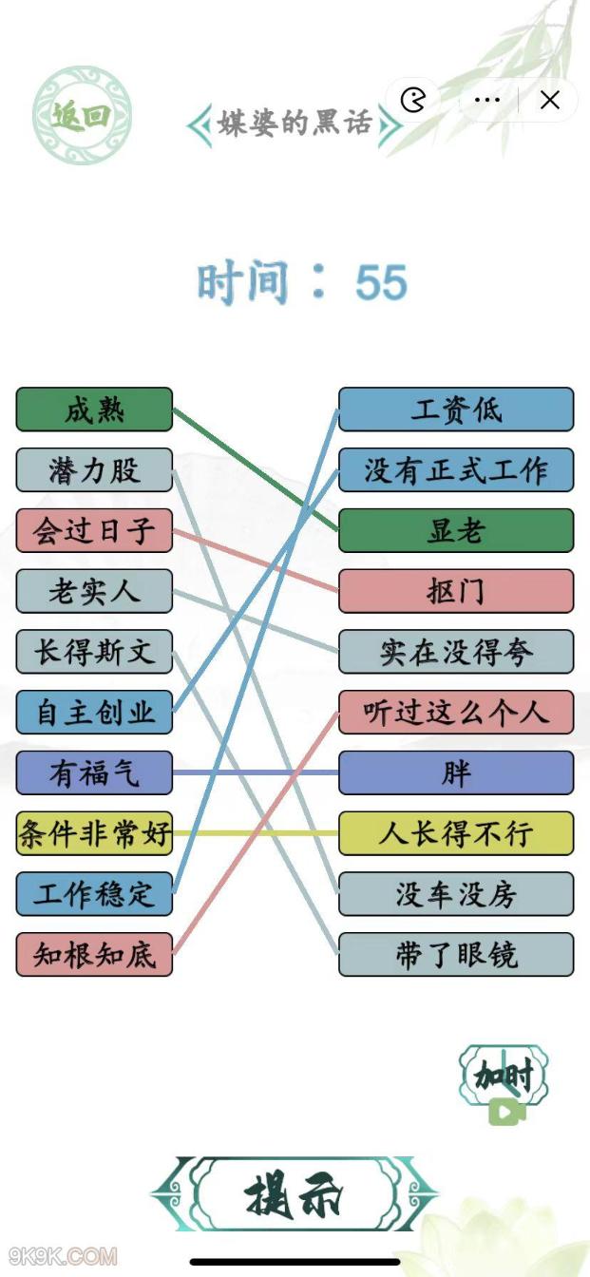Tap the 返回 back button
click(x=82, y=115)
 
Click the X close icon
click(x=549, y=101)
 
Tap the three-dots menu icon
click(x=486, y=100)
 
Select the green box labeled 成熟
click(x=94, y=410)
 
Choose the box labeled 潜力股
click(x=94, y=469)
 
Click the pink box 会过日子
click(x=94, y=530)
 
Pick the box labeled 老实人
click(x=94, y=591)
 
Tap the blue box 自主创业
click(x=94, y=712)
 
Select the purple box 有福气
click(x=94, y=772)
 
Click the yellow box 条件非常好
click(x=94, y=833)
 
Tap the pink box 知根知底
click(x=94, y=954)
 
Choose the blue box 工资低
click(x=456, y=410)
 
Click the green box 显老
click(x=456, y=530)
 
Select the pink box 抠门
click(x=456, y=591)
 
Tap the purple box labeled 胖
click(x=456, y=772)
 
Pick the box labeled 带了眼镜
click(x=456, y=954)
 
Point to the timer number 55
click(x=381, y=281)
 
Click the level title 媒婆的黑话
click(x=295, y=123)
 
